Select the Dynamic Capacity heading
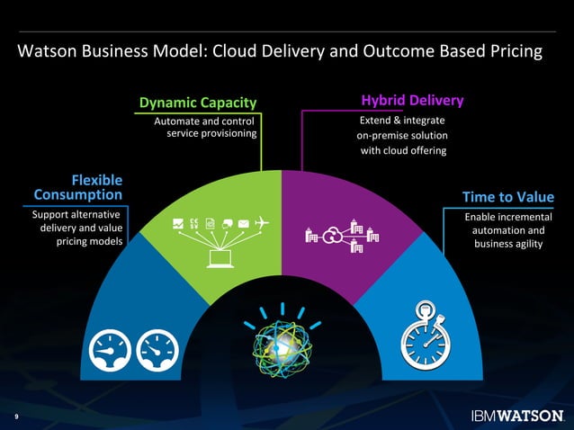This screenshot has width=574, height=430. (197, 102)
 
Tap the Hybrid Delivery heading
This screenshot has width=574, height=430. (412, 101)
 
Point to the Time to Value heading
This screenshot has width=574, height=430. (508, 197)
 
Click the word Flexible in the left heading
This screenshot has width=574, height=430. (97, 180)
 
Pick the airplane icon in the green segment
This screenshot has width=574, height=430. (262, 222)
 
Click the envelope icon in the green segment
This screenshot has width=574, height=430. (244, 222)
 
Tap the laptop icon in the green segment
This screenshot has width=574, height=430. (219, 259)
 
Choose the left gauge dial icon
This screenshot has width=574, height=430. (109, 349)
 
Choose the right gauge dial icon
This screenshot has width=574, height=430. (156, 349)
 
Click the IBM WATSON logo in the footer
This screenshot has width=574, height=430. (517, 416)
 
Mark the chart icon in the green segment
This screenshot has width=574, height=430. (177, 223)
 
